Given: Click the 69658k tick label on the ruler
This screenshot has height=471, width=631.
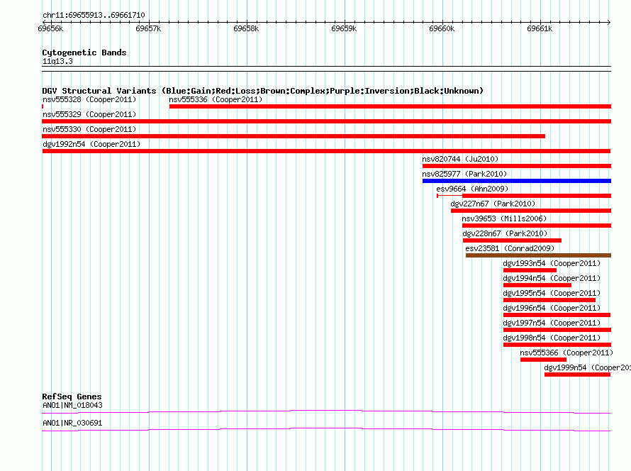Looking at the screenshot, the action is point(246,28).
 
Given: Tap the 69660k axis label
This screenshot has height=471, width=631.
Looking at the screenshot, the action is point(442,28).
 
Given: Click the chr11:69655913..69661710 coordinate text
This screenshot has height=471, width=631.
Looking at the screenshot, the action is point(94,16).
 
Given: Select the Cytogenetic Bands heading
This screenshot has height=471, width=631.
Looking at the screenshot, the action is point(84,52).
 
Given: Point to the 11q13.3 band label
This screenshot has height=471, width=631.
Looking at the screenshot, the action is point(57,61).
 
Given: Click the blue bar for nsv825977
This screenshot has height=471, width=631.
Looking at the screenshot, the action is point(517,181).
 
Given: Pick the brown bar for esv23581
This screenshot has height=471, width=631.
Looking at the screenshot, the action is point(538,255).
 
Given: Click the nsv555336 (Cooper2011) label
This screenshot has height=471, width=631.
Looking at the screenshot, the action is point(216,99).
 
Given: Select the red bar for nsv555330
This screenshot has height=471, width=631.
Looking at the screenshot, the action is point(294,136).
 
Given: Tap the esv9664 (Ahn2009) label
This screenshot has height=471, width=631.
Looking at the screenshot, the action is point(472,189).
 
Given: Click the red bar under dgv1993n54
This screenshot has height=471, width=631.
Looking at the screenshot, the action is point(530,270).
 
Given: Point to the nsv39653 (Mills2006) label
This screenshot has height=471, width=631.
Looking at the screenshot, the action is point(504,218).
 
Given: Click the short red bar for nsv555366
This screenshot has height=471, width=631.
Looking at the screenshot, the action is point(543,360).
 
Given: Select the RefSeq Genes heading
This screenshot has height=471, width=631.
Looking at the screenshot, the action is point(72,397).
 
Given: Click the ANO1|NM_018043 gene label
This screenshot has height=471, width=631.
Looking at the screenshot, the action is point(72,405).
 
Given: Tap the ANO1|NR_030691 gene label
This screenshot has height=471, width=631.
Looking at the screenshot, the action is point(72,423).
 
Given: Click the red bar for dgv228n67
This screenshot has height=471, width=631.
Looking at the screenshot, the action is point(512,240).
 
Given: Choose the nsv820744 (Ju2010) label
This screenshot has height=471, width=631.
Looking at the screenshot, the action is point(460,159).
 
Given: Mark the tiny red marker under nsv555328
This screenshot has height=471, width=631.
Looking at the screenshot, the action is point(43,106).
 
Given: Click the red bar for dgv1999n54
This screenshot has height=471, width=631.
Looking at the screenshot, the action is point(578,375).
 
